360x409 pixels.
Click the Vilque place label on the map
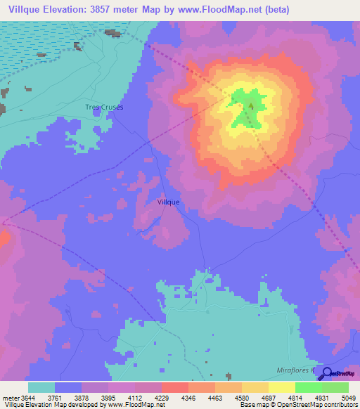[168, 202]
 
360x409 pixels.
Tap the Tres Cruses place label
[104, 107]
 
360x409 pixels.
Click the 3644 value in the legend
[21, 397]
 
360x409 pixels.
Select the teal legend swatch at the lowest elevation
[41, 387]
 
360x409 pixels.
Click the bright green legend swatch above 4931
[309, 387]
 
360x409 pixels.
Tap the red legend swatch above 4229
[175, 387]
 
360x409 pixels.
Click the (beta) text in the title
[274, 10]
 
